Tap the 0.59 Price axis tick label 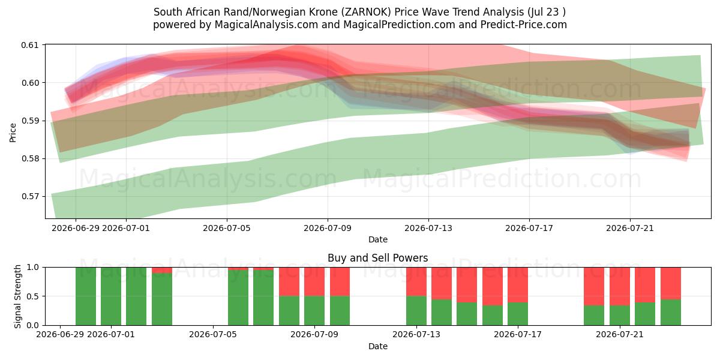pyautogui.click(x=29, y=121)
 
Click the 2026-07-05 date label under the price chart pyautogui.click(x=227, y=228)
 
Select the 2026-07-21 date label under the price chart pyautogui.click(x=630, y=228)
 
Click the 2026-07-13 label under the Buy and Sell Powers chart pyautogui.click(x=416, y=334)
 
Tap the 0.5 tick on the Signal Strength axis pyautogui.click(x=33, y=296)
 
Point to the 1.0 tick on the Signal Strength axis pyautogui.click(x=33, y=267)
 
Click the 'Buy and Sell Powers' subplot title pyautogui.click(x=377, y=258)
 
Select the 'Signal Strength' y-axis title pyautogui.click(x=17, y=296)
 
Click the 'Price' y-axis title pyautogui.click(x=13, y=133)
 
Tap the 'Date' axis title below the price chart pyautogui.click(x=377, y=239)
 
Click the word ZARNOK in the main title pyautogui.click(x=366, y=12)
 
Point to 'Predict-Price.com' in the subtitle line pyautogui.click(x=524, y=25)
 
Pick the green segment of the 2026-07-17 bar pyautogui.click(x=518, y=314)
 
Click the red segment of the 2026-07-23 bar pyautogui.click(x=671, y=283)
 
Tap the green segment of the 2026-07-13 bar pyautogui.click(x=416, y=311)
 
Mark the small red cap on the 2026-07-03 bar pyautogui.click(x=162, y=271)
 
